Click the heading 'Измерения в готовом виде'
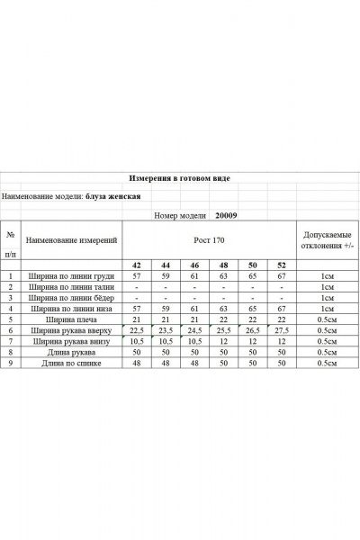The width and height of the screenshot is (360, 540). coord(179,178)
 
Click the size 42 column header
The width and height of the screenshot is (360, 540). coord(137,266)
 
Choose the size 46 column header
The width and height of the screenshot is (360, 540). coord(194,266)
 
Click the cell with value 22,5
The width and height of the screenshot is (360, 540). coord(137,331)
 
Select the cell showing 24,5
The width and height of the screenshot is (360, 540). coord(194,331)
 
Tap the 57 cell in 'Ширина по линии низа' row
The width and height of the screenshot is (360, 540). coord(137,309)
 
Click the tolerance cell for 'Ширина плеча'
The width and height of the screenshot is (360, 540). coord(324,319)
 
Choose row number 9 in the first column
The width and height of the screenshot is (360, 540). coord(11,364)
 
